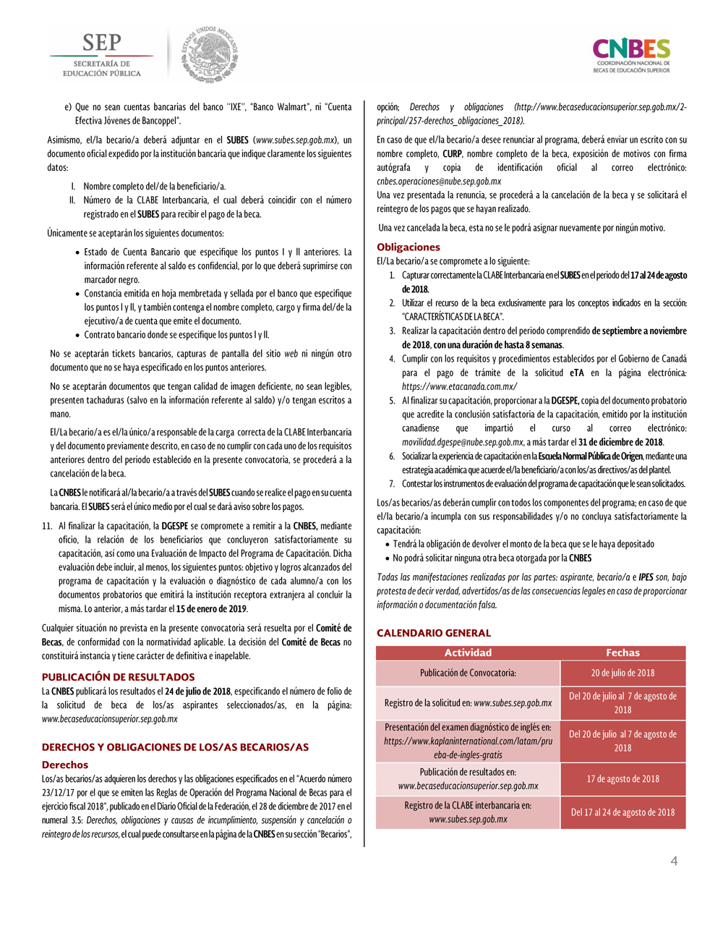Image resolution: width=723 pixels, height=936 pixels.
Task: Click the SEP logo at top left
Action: (x=101, y=54)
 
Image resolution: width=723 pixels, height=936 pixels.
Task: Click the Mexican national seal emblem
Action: (x=210, y=54)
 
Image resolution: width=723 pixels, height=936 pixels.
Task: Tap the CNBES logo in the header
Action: (x=631, y=55)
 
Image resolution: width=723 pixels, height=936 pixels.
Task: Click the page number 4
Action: (x=674, y=861)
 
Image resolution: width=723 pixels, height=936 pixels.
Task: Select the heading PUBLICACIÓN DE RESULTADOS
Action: (x=118, y=677)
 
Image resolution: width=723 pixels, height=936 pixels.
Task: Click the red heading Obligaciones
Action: (x=408, y=247)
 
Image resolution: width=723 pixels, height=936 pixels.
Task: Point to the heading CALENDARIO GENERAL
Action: (x=433, y=633)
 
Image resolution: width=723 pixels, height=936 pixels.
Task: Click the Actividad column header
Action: (x=468, y=652)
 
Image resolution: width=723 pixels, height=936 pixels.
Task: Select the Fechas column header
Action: (x=623, y=652)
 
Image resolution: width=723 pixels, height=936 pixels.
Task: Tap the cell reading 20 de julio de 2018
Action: (x=623, y=673)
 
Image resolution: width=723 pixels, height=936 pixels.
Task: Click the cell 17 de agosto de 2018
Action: (x=623, y=779)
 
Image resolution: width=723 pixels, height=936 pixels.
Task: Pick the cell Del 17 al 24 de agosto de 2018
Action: (x=623, y=812)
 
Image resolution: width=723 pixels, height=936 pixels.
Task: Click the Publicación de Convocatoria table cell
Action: (x=468, y=673)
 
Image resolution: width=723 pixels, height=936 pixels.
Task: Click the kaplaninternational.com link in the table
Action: (x=468, y=741)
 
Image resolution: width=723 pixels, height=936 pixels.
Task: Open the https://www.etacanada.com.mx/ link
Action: (x=459, y=386)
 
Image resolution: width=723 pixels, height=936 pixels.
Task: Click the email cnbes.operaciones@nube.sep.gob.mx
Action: (x=439, y=182)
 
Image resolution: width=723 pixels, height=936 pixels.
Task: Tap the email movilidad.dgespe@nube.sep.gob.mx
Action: (x=462, y=442)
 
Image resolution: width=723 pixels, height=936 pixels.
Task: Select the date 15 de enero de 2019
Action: (x=211, y=609)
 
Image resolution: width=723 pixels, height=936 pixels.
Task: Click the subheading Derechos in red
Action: (x=65, y=765)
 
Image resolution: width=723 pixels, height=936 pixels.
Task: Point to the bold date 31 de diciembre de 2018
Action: (x=620, y=442)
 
